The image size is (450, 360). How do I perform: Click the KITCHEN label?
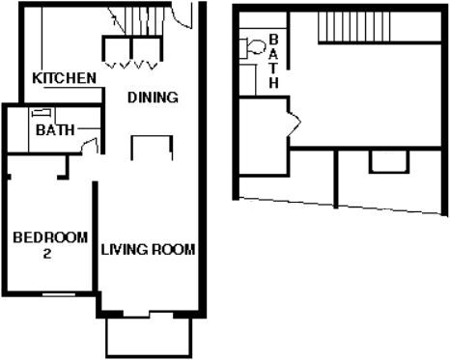coord(64,78)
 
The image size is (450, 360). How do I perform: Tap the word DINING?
coord(153,97)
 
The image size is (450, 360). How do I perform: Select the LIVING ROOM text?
coord(149,250)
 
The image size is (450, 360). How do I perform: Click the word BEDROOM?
coord(50,237)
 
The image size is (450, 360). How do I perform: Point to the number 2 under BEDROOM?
coord(47,255)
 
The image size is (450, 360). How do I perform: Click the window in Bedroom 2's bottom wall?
coord(60,293)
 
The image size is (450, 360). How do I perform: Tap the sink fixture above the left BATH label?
coord(47,115)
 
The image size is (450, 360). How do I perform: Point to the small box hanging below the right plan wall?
coord(388,162)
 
